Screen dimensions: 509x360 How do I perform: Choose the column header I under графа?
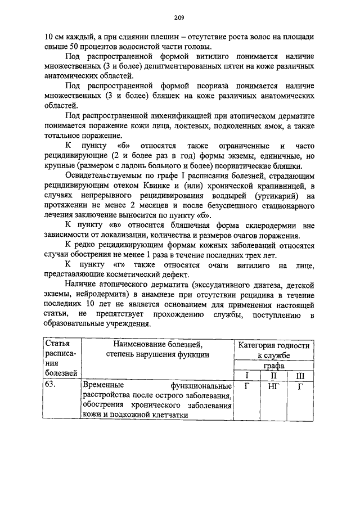(245, 375)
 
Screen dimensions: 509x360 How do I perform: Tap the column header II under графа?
(272, 375)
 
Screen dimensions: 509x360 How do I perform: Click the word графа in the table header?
(272, 366)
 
